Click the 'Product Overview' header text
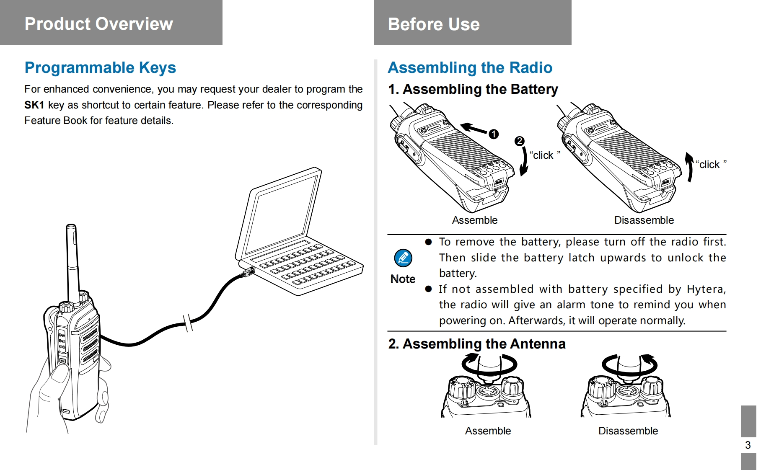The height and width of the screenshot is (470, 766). (98, 24)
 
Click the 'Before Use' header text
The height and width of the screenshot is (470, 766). (434, 24)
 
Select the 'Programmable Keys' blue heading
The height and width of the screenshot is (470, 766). (100, 67)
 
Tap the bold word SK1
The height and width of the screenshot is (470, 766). (34, 105)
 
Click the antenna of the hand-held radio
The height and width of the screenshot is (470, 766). (72, 262)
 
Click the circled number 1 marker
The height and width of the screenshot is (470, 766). (494, 134)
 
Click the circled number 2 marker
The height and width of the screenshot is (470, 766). (519, 141)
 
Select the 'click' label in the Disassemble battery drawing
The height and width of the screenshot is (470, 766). (711, 164)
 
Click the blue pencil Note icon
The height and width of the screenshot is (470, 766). (403, 258)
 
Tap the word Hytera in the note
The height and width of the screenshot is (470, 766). (706, 289)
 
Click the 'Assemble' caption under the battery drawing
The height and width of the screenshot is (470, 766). (475, 220)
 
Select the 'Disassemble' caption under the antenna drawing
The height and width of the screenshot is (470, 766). (628, 431)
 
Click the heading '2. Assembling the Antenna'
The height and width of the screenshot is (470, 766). (477, 343)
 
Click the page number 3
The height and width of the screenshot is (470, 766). (748, 445)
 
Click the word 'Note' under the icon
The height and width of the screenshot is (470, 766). (403, 279)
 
